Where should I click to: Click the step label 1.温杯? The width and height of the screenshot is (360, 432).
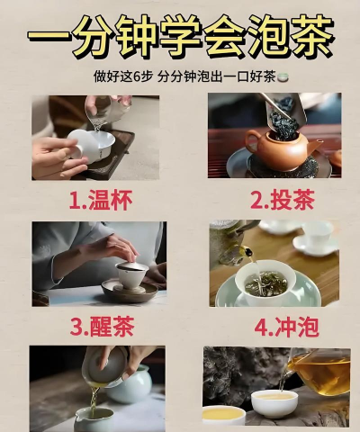101,201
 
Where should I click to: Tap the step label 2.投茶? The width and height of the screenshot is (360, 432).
283,200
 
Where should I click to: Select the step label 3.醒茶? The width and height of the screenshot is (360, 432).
102,327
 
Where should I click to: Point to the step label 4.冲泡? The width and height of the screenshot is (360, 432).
286,328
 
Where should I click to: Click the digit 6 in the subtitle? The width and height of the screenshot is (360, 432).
137,77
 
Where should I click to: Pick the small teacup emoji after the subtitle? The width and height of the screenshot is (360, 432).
283,77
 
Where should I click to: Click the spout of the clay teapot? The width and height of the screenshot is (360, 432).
315,146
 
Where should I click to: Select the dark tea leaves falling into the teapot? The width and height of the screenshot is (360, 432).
283,124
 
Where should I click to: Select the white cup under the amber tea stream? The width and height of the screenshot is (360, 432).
274,403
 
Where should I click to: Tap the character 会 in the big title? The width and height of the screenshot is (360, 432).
219,35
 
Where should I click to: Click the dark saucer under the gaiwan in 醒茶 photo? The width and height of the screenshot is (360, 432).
130,292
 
